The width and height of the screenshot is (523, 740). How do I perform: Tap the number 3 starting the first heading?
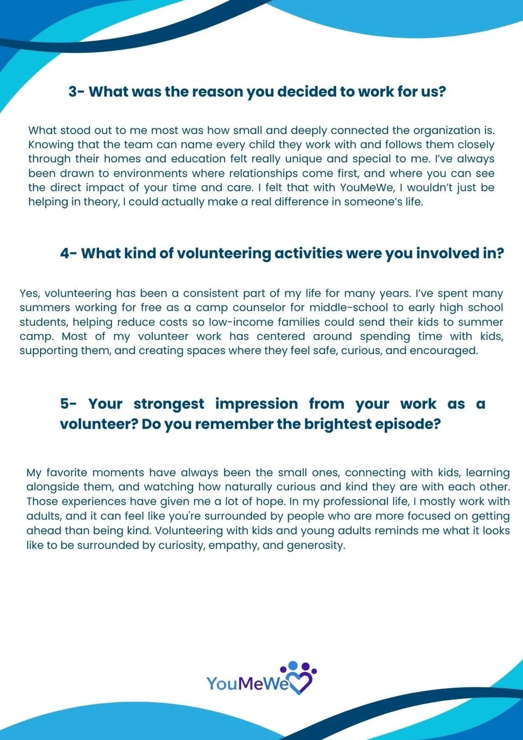(x=72, y=92)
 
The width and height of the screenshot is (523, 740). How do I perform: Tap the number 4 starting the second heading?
(x=65, y=253)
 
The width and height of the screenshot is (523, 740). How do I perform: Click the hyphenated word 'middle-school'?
(x=349, y=308)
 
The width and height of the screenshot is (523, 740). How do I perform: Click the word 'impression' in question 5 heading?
(x=256, y=404)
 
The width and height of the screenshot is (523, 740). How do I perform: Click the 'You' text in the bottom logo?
(x=222, y=683)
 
